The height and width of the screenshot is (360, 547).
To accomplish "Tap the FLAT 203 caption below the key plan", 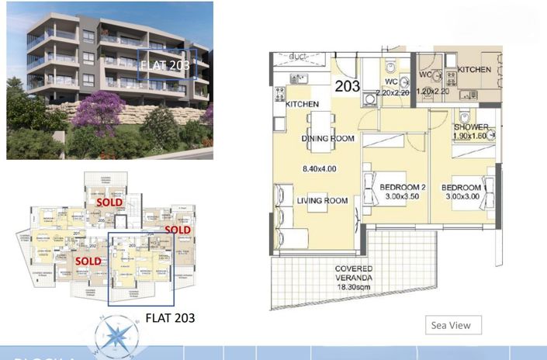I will [170, 317].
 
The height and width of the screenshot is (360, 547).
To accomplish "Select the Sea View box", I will [452, 326].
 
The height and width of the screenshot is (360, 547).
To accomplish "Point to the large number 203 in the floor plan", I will [348, 86].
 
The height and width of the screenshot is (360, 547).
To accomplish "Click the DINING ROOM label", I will [327, 139].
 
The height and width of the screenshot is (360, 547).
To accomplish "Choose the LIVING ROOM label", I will [322, 201].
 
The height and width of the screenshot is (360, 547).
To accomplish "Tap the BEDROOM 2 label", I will [403, 186].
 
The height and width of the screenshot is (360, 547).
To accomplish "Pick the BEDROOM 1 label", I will [463, 187].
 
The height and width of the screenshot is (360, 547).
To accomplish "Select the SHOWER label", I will [471, 126].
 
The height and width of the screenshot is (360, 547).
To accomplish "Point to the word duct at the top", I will [297, 57].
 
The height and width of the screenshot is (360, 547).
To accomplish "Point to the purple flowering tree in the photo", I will [99, 109].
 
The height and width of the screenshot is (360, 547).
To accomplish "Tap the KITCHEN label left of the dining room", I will [302, 104].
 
